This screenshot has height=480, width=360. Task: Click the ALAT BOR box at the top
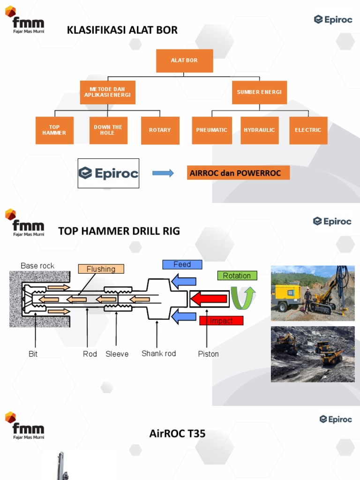pos(184,61)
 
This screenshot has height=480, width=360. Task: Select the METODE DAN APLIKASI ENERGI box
pos(107,92)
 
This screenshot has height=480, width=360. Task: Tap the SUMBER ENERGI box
pos(259,92)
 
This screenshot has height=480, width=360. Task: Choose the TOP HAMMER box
pos(54,130)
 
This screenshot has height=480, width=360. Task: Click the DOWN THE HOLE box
pos(108,130)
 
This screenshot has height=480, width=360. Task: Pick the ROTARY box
pos(160,130)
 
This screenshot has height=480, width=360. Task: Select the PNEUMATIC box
pos(212,130)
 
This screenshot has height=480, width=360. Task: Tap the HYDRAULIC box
pos(259,130)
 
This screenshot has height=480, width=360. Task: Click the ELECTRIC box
pos(308,130)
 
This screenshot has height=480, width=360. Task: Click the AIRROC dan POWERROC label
pos(238,173)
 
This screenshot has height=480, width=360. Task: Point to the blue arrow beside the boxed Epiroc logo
pos(163,173)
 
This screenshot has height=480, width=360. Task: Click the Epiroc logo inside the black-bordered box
pos(108,173)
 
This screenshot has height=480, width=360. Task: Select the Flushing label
pos(101,269)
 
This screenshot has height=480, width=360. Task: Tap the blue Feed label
pos(182,264)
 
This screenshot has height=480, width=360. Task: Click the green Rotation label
pos(237,276)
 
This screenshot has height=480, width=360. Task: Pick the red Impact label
pos(221,321)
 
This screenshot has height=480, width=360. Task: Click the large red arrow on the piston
pos(210,299)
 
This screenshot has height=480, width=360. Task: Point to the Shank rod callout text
pos(158,353)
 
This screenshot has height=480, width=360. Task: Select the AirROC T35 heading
pos(177,434)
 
